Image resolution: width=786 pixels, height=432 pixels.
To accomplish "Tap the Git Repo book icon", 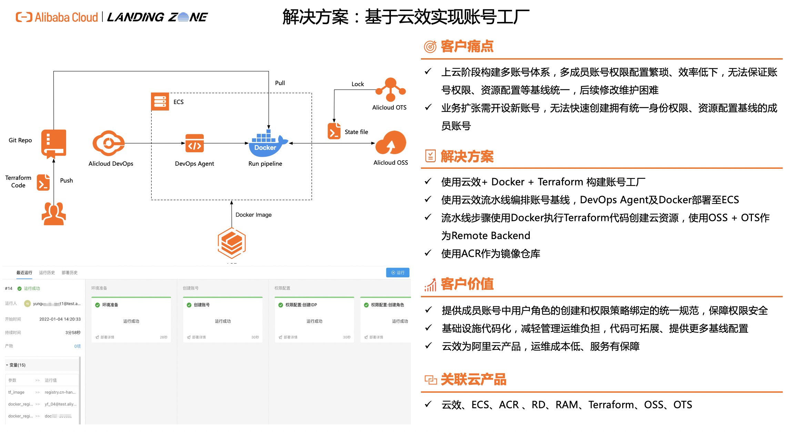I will pyautogui.click(x=53, y=143).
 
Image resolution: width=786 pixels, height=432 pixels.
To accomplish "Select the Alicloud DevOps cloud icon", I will pyautogui.click(x=108, y=143).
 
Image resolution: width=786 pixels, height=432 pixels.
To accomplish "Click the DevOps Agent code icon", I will pyautogui.click(x=194, y=143).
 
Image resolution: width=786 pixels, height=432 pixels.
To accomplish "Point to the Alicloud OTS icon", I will pyautogui.click(x=391, y=90).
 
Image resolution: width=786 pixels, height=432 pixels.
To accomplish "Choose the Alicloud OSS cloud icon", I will pyautogui.click(x=391, y=143).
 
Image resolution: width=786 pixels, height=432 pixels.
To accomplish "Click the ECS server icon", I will pyautogui.click(x=160, y=102).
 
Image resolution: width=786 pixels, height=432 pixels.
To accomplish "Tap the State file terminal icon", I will pyautogui.click(x=334, y=131).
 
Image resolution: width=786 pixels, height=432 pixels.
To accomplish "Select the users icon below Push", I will pyautogui.click(x=54, y=214).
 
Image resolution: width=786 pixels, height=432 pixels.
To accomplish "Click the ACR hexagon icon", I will pyautogui.click(x=232, y=243).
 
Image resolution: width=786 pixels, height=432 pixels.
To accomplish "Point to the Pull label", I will pyautogui.click(x=280, y=83).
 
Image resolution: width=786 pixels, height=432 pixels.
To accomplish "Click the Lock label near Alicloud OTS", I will pyautogui.click(x=357, y=84).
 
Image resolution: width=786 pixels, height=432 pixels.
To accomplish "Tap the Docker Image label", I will pyautogui.click(x=253, y=215).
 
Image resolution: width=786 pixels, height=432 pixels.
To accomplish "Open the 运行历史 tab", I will pyautogui.click(x=47, y=272).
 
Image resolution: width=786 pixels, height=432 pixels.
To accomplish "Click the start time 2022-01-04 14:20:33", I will pyautogui.click(x=60, y=319).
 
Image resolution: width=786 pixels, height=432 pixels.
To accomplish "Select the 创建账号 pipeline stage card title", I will pyautogui.click(x=202, y=305).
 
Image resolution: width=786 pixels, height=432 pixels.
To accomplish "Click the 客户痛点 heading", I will pyautogui.click(x=467, y=47).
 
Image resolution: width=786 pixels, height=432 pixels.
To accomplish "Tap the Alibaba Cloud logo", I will pyautogui.click(x=57, y=17).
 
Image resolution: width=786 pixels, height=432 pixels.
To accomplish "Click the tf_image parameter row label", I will pyautogui.click(x=16, y=392).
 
